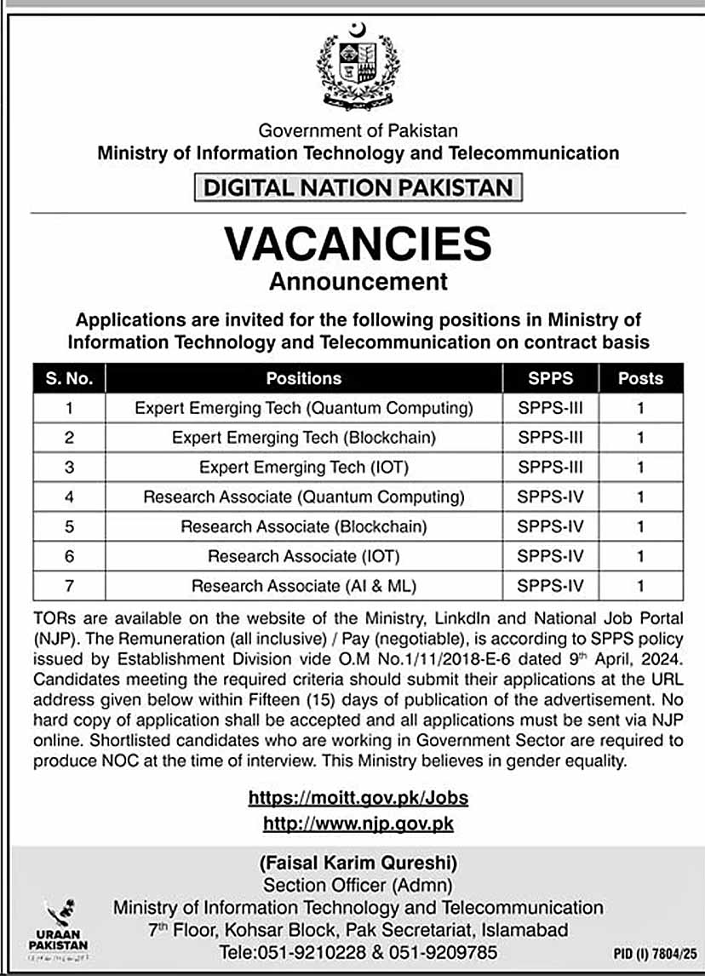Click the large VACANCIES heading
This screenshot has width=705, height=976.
pos(358,244)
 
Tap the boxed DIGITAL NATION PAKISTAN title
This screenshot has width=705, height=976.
pos(358,187)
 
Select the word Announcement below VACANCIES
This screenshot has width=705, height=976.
pos(358,280)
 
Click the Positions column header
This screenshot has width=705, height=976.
pos(303,378)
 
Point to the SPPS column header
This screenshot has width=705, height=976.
pos(550,378)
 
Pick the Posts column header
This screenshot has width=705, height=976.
pos(640,378)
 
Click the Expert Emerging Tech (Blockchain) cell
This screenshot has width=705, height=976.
pos(303,438)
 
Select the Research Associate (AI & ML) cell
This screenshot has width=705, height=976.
pos(303,586)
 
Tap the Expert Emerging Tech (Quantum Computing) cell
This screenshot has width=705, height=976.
pos(303,408)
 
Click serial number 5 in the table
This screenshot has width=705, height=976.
pos(69,527)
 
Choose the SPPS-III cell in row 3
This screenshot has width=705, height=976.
pos(550,468)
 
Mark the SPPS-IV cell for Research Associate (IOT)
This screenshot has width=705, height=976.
pos(550,556)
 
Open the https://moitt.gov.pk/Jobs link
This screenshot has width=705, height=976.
pos(358,798)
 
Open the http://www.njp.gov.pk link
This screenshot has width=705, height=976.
pos(358,824)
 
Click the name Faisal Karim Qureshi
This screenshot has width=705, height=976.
pos(358,863)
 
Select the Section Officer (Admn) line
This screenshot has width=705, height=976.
pos(358,886)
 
